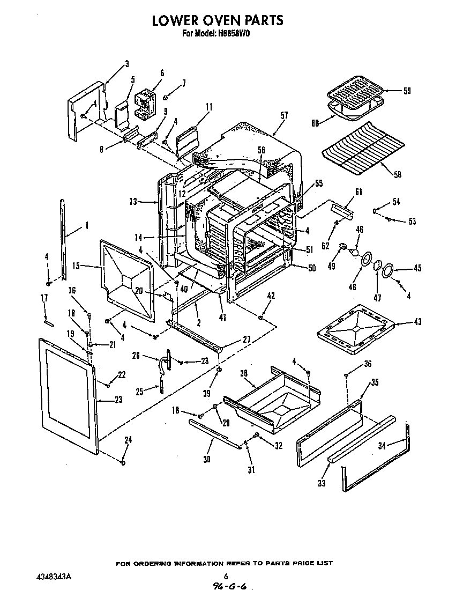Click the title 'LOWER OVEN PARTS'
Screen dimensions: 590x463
pyautogui.click(x=217, y=20)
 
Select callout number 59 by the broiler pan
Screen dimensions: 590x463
pyautogui.click(x=407, y=91)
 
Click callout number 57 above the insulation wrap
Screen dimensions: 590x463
pyautogui.click(x=284, y=115)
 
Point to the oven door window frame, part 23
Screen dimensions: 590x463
pyautogui.click(x=67, y=394)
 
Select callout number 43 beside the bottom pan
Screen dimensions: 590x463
pyautogui.click(x=417, y=322)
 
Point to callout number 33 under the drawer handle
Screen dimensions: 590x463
pyautogui.click(x=322, y=483)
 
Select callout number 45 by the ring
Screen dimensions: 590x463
pyautogui.click(x=417, y=269)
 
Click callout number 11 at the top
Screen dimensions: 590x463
pyautogui.click(x=208, y=107)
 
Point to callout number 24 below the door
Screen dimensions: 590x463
pyautogui.click(x=128, y=440)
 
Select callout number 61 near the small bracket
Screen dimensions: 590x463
pyautogui.click(x=359, y=193)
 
